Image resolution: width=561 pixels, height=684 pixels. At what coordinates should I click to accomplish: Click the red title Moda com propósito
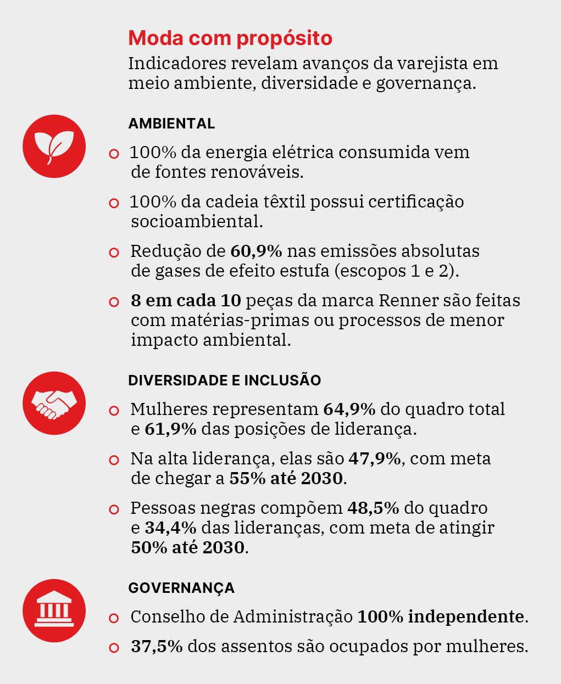click(230, 38)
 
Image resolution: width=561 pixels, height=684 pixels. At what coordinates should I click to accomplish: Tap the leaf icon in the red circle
click(54, 146)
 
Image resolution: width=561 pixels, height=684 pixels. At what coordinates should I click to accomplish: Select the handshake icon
click(54, 403)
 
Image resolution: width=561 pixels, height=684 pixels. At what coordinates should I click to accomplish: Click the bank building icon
click(54, 610)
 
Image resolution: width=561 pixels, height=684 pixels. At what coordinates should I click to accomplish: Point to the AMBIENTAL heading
click(171, 124)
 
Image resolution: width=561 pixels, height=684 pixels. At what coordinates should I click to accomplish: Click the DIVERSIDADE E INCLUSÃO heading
click(224, 380)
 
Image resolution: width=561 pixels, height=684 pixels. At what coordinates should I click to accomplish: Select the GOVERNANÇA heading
click(181, 588)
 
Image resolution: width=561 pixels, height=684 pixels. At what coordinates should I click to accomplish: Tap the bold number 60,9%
click(256, 251)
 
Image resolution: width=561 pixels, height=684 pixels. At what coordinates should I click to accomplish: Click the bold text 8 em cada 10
click(186, 301)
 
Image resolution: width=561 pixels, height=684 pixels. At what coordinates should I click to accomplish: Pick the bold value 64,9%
click(349, 409)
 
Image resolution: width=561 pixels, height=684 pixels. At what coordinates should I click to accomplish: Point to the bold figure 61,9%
click(170, 429)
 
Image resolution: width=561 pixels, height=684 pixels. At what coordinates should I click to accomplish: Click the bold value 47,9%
click(375, 458)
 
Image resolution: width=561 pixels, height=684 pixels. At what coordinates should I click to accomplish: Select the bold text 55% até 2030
click(286, 478)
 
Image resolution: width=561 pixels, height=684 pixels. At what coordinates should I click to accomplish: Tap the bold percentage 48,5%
click(373, 508)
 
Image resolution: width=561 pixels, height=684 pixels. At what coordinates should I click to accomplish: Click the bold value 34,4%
click(170, 528)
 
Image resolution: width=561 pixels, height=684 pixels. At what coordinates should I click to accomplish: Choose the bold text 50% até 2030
click(187, 547)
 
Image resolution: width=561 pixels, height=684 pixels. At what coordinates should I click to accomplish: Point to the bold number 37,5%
click(157, 646)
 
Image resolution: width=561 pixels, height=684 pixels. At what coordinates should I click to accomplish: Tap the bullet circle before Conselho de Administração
click(114, 618)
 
